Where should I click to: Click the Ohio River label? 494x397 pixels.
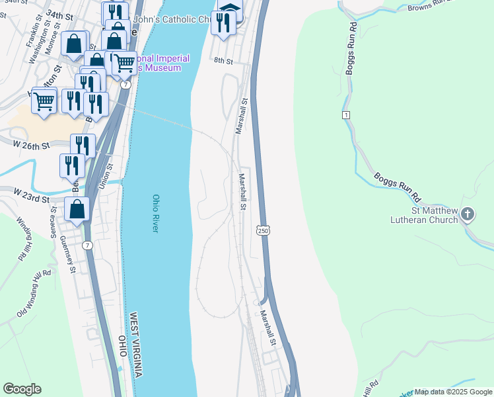click(x=156, y=212)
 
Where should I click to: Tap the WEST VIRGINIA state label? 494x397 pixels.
click(x=136, y=345)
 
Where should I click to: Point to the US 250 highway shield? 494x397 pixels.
click(x=262, y=229)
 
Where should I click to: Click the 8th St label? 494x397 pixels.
click(x=224, y=61)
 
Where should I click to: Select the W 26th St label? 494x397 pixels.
click(x=31, y=144)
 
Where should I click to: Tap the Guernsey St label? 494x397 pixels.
click(x=68, y=254)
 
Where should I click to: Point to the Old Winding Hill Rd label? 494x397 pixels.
click(x=32, y=294)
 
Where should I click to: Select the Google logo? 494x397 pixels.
click(x=22, y=389)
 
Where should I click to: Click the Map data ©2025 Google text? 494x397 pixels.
click(x=453, y=392)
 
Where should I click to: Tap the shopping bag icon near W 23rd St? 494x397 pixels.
click(x=77, y=209)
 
